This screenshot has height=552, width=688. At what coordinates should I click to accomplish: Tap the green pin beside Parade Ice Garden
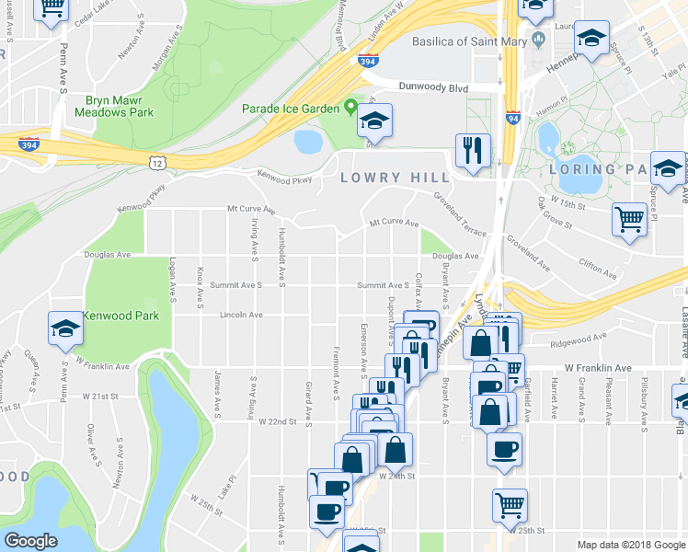pyautogui.click(x=350, y=108)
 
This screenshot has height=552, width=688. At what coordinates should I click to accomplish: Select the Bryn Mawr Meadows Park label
pyautogui.click(x=120, y=106)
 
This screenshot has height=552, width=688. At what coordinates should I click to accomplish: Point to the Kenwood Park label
pyautogui.click(x=120, y=316)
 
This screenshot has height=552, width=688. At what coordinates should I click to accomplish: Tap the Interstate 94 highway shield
pyautogui.click(x=511, y=119)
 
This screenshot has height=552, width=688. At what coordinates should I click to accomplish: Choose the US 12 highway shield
pyautogui.click(x=158, y=162)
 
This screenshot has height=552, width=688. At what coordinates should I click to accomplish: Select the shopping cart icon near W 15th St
pyautogui.click(x=629, y=219)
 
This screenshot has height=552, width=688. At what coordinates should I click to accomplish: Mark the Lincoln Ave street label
pyautogui.click(x=241, y=315)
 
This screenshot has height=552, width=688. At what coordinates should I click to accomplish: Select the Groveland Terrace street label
pyautogui.click(x=460, y=213)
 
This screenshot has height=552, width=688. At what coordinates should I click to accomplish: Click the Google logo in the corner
pyautogui.click(x=30, y=541)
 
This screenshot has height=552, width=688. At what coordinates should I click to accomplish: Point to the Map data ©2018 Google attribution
pyautogui.click(x=630, y=545)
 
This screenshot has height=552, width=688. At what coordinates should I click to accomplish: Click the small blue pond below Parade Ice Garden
pyautogui.click(x=307, y=141)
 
